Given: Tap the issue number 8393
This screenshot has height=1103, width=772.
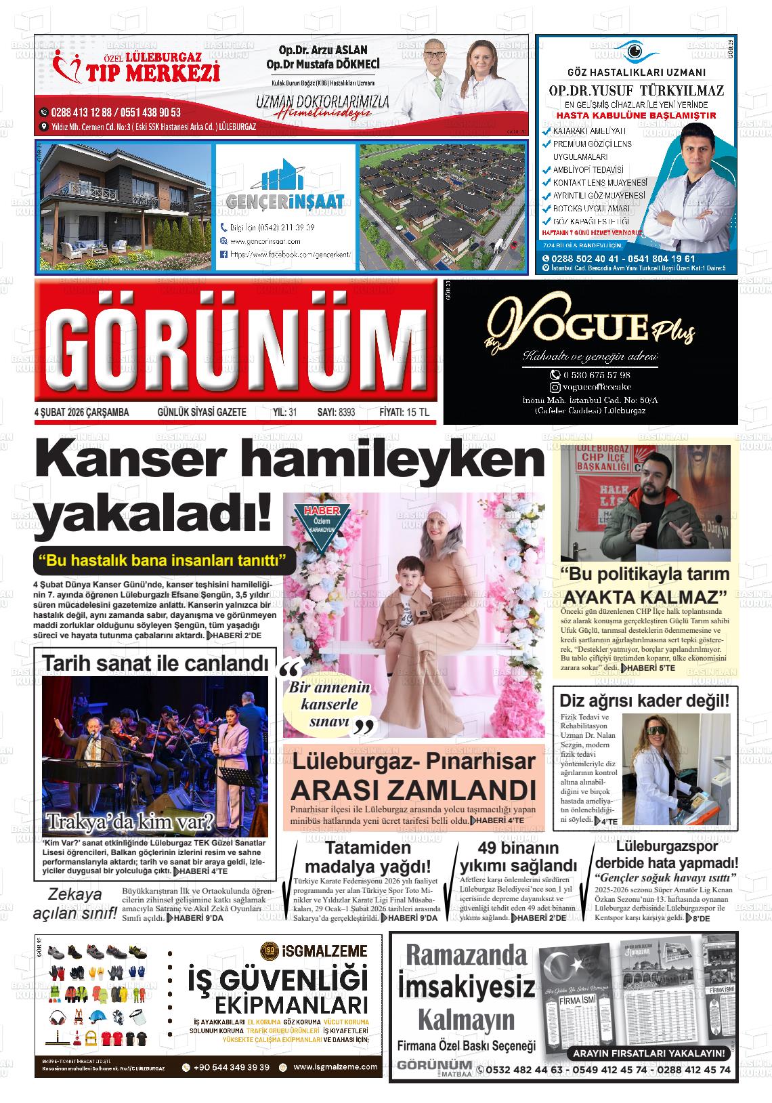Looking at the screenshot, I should pos(346,412).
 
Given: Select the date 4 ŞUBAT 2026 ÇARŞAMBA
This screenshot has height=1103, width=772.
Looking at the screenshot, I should pos(81,412).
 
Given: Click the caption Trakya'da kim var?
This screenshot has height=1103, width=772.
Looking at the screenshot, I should pos(129,822).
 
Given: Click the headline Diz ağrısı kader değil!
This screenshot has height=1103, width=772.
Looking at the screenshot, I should pos(645,700).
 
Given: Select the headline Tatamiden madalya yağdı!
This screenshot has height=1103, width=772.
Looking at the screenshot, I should pos(368,857).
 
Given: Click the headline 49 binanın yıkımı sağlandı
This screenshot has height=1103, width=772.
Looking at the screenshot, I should pos(518,857).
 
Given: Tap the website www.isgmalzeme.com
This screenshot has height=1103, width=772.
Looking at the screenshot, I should pos(336,1067).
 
